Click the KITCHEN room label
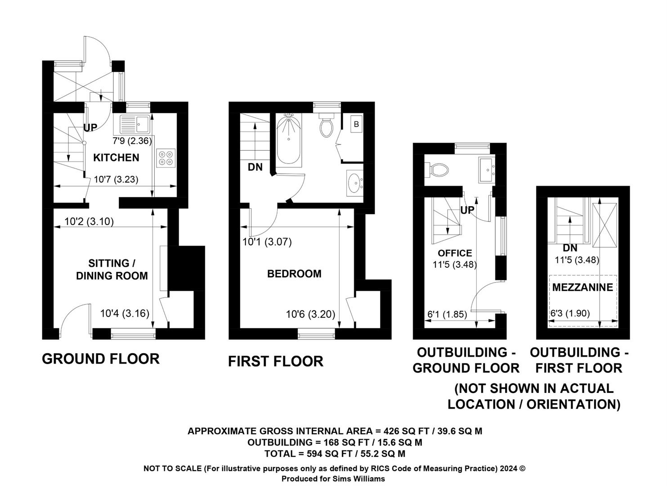click(x=116, y=157)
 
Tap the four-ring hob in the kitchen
click(x=166, y=158)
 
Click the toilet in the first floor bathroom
click(x=327, y=126)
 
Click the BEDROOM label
click(x=294, y=274)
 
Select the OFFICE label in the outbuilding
click(x=455, y=253)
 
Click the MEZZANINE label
click(x=582, y=287)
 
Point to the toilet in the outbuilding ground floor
click(x=436, y=170)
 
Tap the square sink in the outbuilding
click(x=487, y=170)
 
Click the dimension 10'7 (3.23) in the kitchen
click(x=116, y=180)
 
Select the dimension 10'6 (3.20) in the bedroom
click(x=311, y=315)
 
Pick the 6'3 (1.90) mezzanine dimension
click(x=570, y=314)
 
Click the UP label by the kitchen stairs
click(x=90, y=128)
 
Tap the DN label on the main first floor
click(x=255, y=167)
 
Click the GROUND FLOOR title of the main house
click(x=101, y=359)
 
